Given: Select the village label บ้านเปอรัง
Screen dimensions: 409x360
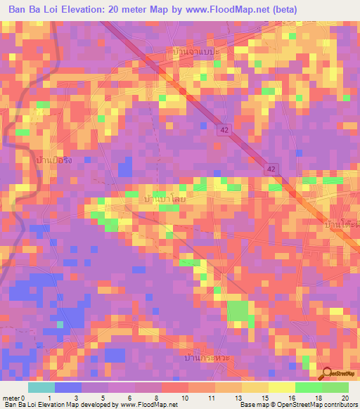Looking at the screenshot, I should pyautogui.click(x=53, y=161).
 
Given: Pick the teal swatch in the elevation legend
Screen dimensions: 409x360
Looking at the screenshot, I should pyautogui.click(x=41, y=387).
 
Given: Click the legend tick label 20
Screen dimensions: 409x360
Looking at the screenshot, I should pyautogui.click(x=345, y=398).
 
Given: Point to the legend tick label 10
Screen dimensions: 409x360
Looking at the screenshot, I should pyautogui.click(x=184, y=398).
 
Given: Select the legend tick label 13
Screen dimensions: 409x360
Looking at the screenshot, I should pyautogui.click(x=238, y=398).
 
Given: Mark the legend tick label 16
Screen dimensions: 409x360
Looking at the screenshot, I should pyautogui.click(x=291, y=398).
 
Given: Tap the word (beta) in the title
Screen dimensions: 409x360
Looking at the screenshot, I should pyautogui.click(x=284, y=9).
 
